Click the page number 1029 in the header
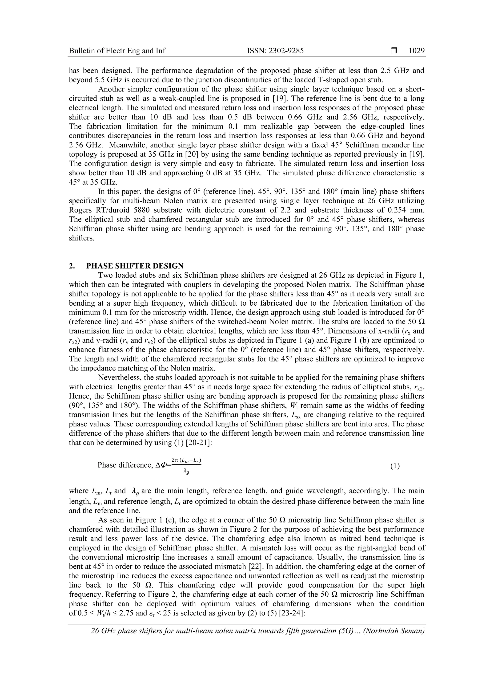click(x=417, y=51)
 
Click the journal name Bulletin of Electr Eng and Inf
click(x=117, y=51)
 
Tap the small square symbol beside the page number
click(x=394, y=51)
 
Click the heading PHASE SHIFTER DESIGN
click(x=135, y=266)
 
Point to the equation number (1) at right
click(x=395, y=466)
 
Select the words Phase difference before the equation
click(x=125, y=465)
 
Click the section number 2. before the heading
click(x=72, y=266)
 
